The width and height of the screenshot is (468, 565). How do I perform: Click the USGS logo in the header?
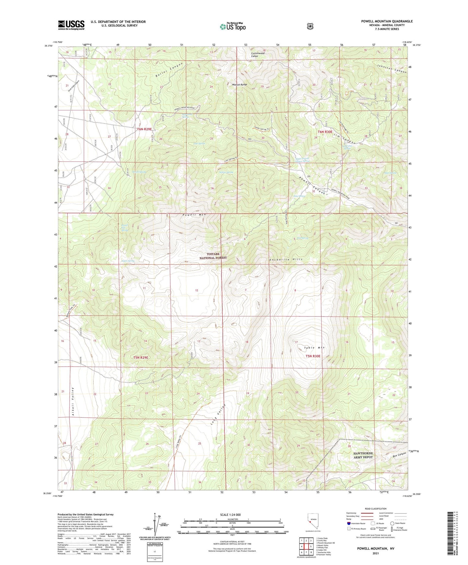71,25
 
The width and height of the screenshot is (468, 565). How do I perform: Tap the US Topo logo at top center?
233,27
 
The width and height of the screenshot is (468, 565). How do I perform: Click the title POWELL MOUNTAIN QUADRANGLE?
387,21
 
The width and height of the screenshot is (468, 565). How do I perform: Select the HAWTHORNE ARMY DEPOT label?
363,455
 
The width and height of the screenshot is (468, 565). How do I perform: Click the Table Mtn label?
314,348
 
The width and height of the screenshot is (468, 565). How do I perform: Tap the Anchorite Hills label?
286,260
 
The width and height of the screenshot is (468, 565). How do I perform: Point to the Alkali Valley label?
74,401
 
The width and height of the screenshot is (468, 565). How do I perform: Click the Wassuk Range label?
240,84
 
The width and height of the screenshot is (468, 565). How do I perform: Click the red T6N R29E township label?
144,129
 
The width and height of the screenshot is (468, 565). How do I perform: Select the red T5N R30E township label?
313,356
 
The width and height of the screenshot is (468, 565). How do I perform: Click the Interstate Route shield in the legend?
348,523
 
